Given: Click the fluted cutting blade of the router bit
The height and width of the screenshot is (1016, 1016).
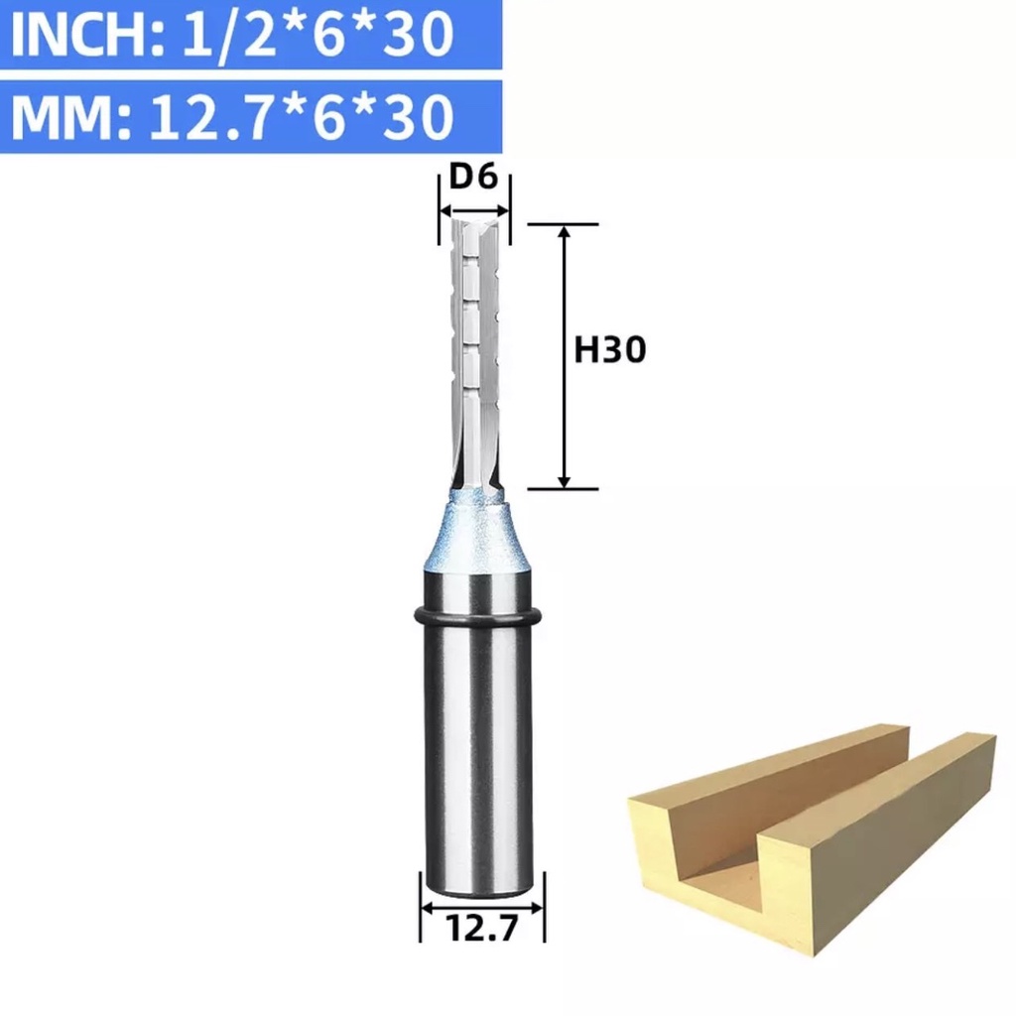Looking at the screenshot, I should (x=474, y=357).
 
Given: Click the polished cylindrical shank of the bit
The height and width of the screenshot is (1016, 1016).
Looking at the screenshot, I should (x=481, y=754).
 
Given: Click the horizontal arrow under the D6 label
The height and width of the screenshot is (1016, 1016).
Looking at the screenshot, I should (x=474, y=210).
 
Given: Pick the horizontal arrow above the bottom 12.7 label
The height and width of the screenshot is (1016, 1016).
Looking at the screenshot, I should (x=481, y=907).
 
